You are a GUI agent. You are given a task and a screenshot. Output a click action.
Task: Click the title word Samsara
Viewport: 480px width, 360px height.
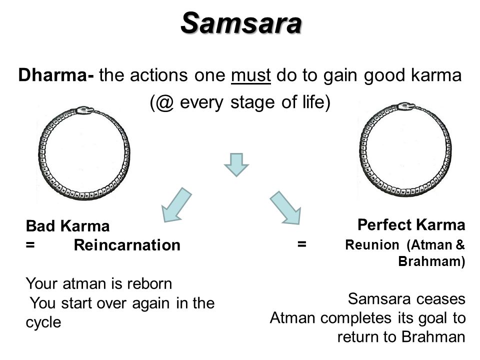(x=241, y=23)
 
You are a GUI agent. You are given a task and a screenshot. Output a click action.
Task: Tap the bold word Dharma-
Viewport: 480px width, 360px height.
(x=56, y=74)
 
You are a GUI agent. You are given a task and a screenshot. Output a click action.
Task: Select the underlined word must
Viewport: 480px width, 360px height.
(x=250, y=75)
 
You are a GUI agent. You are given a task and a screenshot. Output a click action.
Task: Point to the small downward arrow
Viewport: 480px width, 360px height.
(x=236, y=164)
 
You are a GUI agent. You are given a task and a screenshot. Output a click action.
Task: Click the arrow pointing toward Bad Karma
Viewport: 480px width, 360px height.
(x=176, y=205)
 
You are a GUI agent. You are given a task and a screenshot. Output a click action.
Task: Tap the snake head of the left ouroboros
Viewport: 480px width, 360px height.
(x=85, y=110)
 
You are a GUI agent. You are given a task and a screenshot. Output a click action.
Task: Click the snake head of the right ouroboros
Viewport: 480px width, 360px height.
(x=406, y=106)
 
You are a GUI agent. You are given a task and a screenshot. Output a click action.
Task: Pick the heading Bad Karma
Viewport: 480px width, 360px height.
(x=67, y=226)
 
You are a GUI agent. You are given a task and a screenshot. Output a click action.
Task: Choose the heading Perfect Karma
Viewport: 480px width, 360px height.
(x=411, y=224)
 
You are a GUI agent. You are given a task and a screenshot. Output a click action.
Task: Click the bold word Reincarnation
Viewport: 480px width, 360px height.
(x=127, y=245)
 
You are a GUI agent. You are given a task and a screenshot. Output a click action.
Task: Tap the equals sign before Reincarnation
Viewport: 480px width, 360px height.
(x=30, y=245)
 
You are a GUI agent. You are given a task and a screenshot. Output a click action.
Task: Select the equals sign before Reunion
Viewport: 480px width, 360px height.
(x=301, y=244)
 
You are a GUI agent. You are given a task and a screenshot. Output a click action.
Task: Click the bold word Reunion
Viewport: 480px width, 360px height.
(x=372, y=245)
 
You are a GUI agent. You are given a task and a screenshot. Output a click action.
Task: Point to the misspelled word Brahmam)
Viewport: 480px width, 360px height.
(x=431, y=261)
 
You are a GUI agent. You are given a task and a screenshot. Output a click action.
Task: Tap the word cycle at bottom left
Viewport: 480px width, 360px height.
(x=43, y=322)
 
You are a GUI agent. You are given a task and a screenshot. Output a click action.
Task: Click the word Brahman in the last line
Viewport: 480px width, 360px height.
(x=433, y=337)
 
